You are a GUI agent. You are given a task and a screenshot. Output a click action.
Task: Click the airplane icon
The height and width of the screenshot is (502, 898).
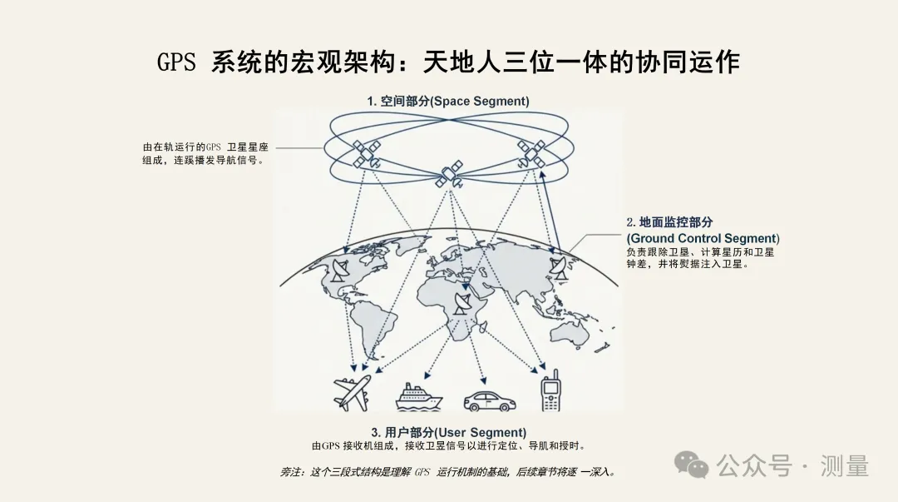point(352,393)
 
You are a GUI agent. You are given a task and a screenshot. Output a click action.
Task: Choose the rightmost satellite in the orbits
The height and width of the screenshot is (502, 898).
point(531,152)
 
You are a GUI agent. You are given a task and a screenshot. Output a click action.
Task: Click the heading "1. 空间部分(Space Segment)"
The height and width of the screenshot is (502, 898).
point(448,101)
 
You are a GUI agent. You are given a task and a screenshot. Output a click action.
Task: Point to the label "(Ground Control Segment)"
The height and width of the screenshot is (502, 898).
point(703,238)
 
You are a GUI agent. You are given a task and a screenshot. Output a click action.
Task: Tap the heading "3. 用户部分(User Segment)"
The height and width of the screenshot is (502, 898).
point(448,432)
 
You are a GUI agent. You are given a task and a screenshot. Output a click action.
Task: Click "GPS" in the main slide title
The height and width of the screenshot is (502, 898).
point(176,63)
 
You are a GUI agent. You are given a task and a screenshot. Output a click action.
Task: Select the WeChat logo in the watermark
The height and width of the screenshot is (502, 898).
point(691,465)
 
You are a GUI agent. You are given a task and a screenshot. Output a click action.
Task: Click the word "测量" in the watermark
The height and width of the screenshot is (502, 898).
point(844,466)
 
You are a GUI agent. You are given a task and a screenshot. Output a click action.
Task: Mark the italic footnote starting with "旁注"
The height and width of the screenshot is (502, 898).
point(448,472)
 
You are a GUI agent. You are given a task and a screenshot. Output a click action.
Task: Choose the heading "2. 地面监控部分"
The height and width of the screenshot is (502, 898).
point(670,222)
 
